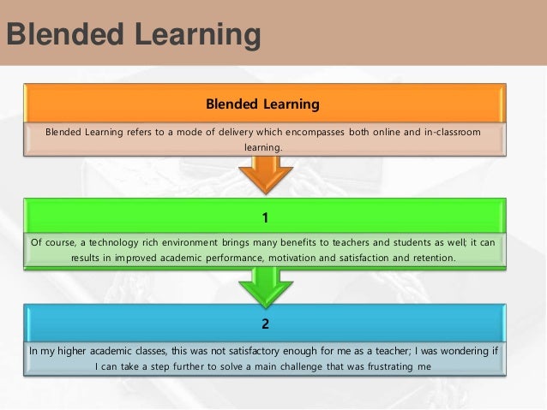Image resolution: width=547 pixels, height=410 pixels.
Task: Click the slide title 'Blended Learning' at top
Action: point(133,35)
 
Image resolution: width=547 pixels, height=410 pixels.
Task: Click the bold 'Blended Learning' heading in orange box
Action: point(262,104)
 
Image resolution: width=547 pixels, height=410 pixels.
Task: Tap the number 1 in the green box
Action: point(265,218)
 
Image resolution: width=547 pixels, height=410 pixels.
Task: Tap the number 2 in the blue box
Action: point(265,324)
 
